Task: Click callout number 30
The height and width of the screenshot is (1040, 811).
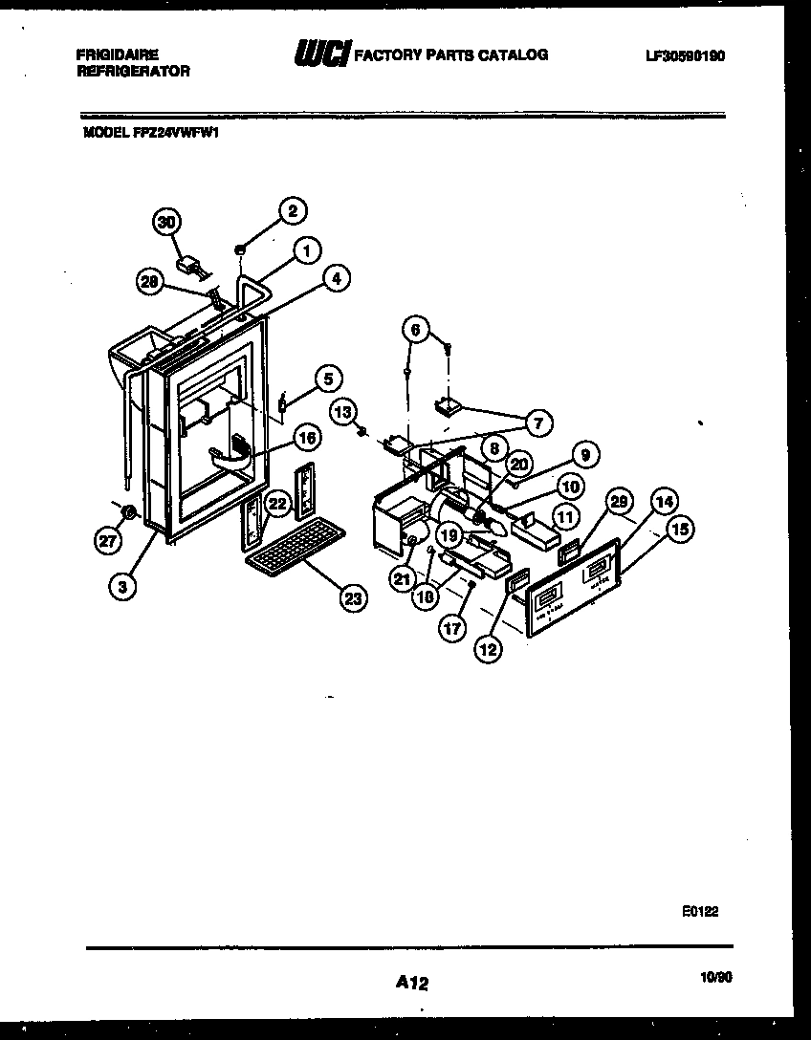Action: (x=167, y=222)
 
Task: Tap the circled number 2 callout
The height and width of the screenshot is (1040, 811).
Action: (x=293, y=210)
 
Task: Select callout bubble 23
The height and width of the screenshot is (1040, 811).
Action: (x=354, y=599)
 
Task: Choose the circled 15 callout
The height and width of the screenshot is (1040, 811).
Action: (x=681, y=531)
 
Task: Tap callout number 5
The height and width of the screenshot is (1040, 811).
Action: (x=326, y=379)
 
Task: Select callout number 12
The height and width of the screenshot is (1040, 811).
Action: (x=490, y=649)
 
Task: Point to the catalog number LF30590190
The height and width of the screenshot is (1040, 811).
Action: (x=685, y=57)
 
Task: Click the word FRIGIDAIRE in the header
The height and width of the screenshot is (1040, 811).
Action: (x=118, y=55)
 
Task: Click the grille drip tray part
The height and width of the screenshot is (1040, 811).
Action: (x=293, y=549)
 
